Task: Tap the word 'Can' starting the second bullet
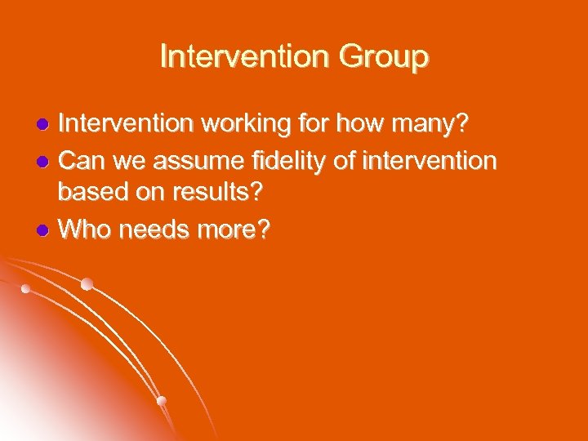pyautogui.click(x=82, y=160)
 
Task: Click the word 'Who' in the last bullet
pyautogui.click(x=87, y=231)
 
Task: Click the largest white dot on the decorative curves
pyautogui.click(x=87, y=284)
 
